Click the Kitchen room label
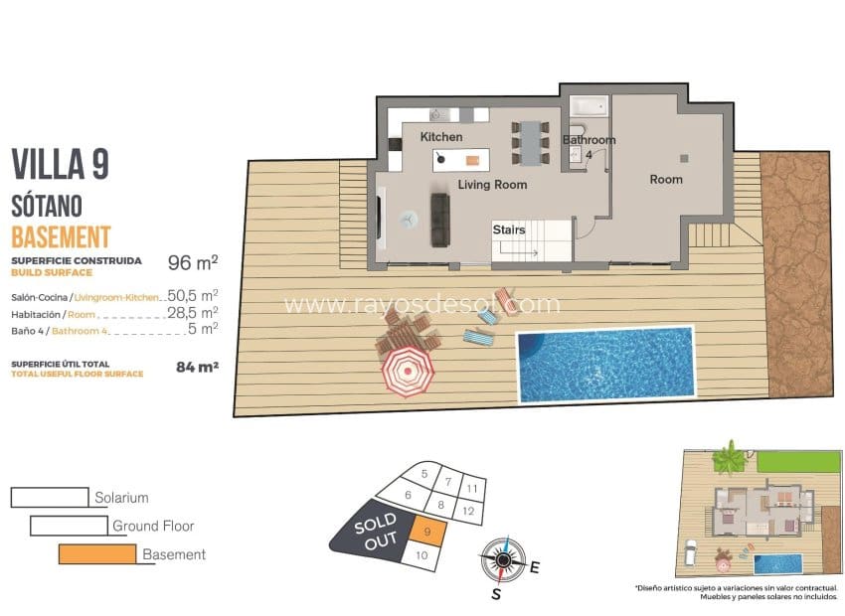click(440, 136)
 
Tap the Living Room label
click(492, 185)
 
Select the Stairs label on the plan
click(509, 231)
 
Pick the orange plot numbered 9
click(426, 533)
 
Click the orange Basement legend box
click(96, 554)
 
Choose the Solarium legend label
click(121, 497)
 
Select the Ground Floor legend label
click(153, 526)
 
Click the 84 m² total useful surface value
click(197, 367)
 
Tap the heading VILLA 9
click(60, 164)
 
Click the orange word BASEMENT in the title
click(61, 236)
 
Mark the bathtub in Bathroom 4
click(587, 105)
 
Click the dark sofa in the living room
click(439, 220)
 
